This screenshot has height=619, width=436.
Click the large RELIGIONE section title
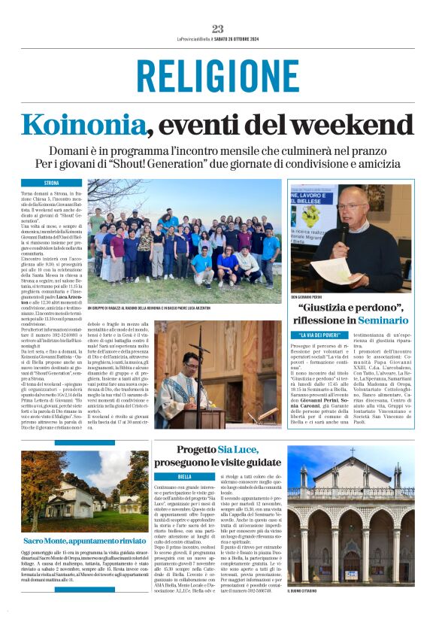[x=218, y=75]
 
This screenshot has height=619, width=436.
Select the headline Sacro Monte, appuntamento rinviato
[x=84, y=540]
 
